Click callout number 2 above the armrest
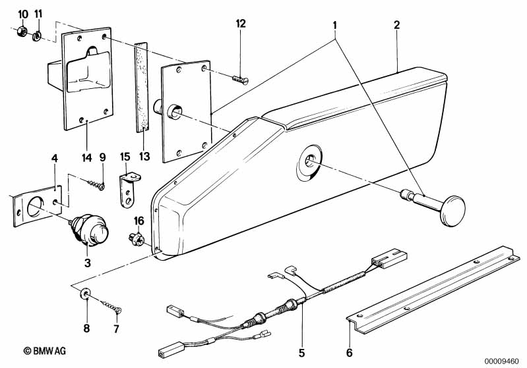396,26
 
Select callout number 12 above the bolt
240,24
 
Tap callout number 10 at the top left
22,14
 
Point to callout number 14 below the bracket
88,139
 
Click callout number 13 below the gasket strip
142,139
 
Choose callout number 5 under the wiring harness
302,342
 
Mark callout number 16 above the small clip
139,220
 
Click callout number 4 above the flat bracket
55,157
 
